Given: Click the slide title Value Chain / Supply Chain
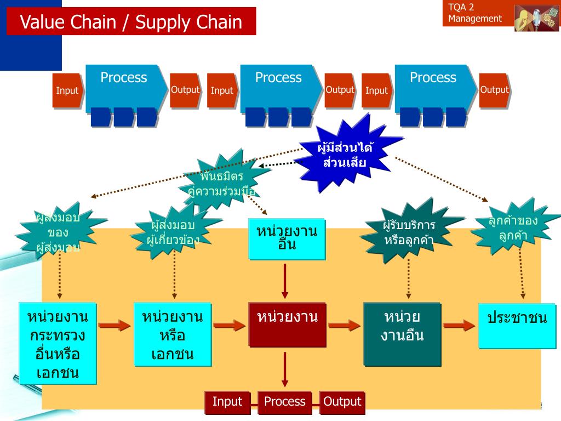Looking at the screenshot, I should point(131,22).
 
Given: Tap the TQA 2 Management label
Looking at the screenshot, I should point(475,13).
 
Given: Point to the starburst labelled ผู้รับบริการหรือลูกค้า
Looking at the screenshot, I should point(409,233).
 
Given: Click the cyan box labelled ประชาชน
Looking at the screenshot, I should point(517,326).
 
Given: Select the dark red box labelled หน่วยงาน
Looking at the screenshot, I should point(287,324).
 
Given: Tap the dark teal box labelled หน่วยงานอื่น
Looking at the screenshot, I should point(402,333).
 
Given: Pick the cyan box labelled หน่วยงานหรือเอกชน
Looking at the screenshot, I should point(173,333).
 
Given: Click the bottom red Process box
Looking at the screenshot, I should point(285,402).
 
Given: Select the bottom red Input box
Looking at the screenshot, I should point(227,402).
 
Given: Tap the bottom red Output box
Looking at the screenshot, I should point(342,402).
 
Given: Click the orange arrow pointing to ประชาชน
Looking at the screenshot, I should point(459,326).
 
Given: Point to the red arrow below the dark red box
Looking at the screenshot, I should point(285,369).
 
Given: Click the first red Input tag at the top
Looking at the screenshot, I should point(67,90).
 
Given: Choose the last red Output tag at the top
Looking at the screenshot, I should point(495,90).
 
